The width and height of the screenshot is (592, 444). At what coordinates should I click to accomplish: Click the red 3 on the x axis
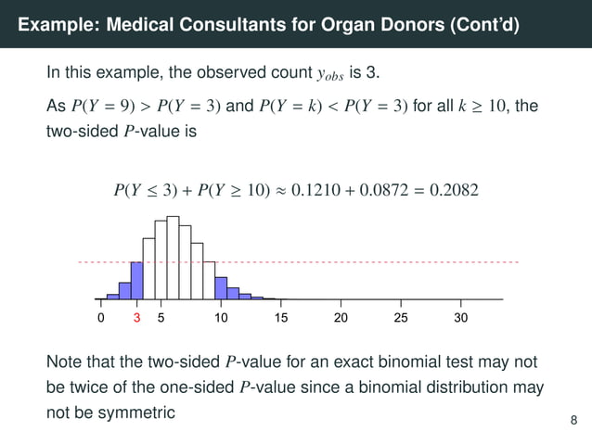(136, 318)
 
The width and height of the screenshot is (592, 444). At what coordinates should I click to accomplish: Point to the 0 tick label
(101, 318)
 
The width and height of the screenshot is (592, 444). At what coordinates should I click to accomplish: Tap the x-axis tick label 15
(281, 318)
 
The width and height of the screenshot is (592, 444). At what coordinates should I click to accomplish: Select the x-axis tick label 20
(341, 318)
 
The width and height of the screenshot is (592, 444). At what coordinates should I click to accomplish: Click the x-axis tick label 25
(401, 318)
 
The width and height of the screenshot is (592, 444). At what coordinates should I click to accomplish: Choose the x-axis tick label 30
(461, 318)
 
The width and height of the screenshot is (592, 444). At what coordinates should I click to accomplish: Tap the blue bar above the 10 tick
(221, 287)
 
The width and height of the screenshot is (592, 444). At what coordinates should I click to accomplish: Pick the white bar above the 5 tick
(161, 260)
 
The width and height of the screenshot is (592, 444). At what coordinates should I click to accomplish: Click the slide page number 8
(573, 422)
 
